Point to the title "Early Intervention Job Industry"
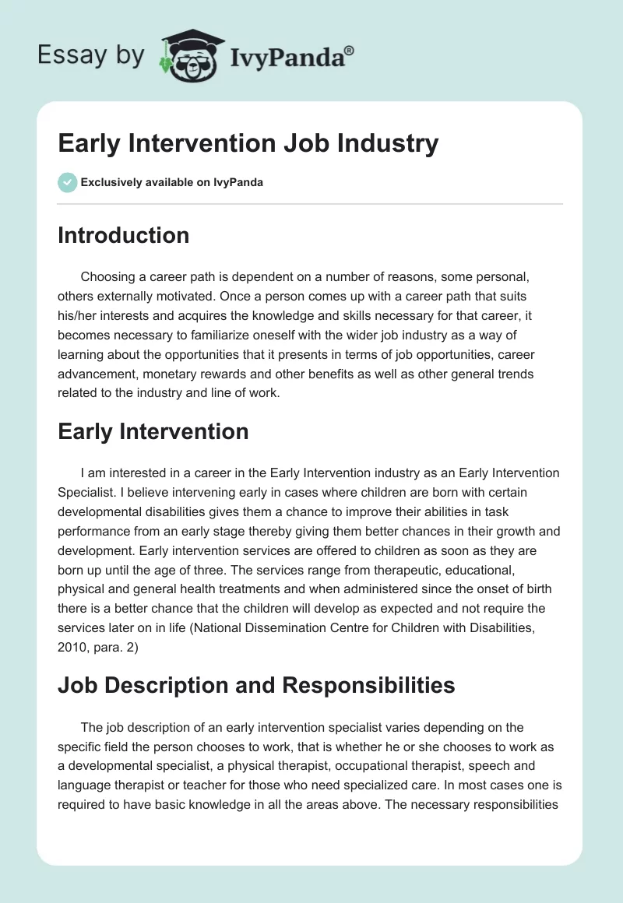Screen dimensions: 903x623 point(248,143)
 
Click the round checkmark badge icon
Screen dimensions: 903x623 point(67,182)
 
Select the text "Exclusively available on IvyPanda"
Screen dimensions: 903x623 point(171,182)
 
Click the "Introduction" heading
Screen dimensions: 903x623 point(123,235)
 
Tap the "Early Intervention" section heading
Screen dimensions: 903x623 point(153,431)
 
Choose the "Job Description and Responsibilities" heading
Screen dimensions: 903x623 point(256,684)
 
